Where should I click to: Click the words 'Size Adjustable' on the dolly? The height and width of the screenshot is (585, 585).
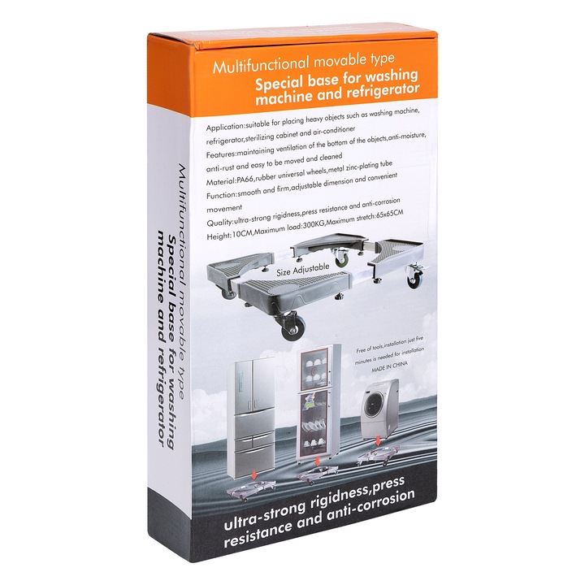coord(303,269)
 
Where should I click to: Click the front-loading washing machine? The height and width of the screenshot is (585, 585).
coord(379,409)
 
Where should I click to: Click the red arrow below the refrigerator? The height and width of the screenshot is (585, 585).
coord(254,475)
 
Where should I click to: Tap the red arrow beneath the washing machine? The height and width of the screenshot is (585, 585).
coord(379,440)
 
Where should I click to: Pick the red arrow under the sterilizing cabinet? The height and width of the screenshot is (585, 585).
coord(317,461)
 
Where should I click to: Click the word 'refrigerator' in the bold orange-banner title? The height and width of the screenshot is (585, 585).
coord(383,91)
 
